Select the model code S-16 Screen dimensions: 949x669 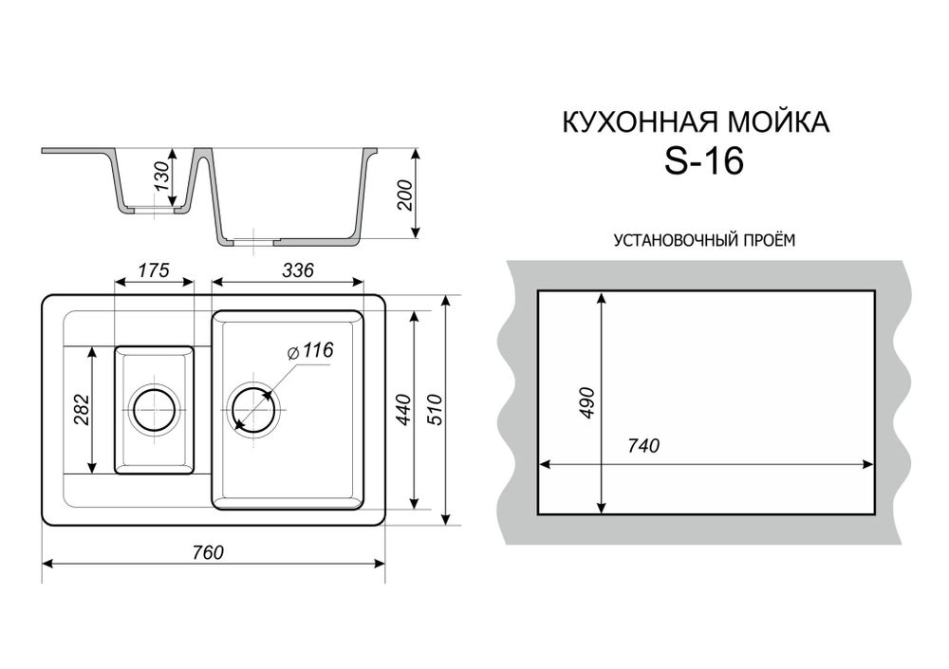tap(703, 162)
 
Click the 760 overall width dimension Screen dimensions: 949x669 tap(214, 552)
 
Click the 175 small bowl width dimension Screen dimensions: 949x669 tap(153, 270)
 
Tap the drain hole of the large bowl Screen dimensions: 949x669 tap(251, 410)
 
